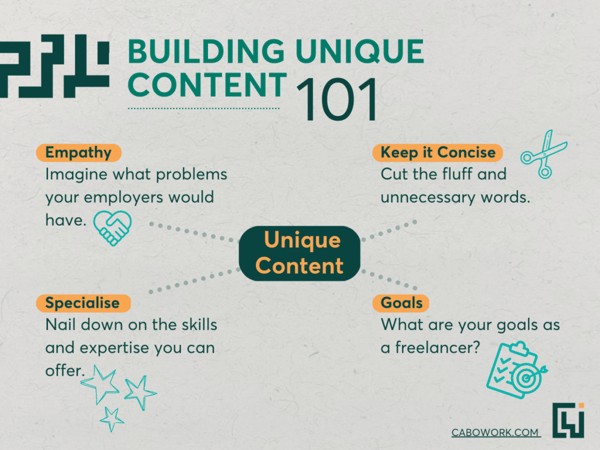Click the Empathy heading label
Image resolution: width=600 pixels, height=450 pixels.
click(x=79, y=153)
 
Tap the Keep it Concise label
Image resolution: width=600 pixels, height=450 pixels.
click(x=437, y=153)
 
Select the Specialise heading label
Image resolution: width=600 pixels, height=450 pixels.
click(x=83, y=303)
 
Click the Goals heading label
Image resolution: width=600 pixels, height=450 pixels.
click(x=401, y=303)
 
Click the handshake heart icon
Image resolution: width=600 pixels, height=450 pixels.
click(x=112, y=228)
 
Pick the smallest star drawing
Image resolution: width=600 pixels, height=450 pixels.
click(x=112, y=420)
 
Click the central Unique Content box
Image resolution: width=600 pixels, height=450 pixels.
click(x=299, y=253)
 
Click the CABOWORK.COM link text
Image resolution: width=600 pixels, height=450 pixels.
click(x=495, y=432)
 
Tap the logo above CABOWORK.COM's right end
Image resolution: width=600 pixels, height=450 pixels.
click(x=568, y=420)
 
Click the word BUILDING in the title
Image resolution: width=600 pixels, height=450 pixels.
click(x=206, y=52)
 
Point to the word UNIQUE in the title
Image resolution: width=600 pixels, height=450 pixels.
click(x=360, y=52)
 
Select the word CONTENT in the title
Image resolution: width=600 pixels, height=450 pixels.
click(x=207, y=85)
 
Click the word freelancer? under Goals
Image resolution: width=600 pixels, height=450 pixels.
click(x=437, y=347)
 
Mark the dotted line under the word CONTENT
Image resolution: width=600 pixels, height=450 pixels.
click(x=203, y=108)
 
